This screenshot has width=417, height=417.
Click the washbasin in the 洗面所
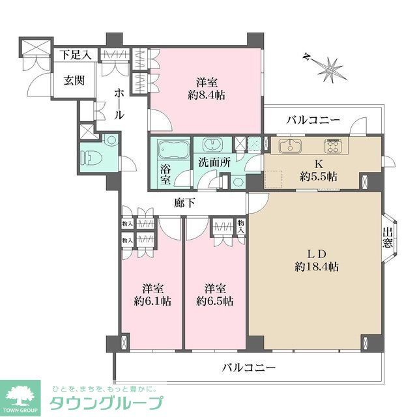click(x=212, y=145)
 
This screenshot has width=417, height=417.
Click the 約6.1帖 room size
click(x=152, y=301)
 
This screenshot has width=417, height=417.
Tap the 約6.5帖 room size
click(x=214, y=301)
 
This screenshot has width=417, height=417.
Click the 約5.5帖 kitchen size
click(x=319, y=176)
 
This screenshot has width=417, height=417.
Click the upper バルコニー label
click(x=313, y=120)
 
